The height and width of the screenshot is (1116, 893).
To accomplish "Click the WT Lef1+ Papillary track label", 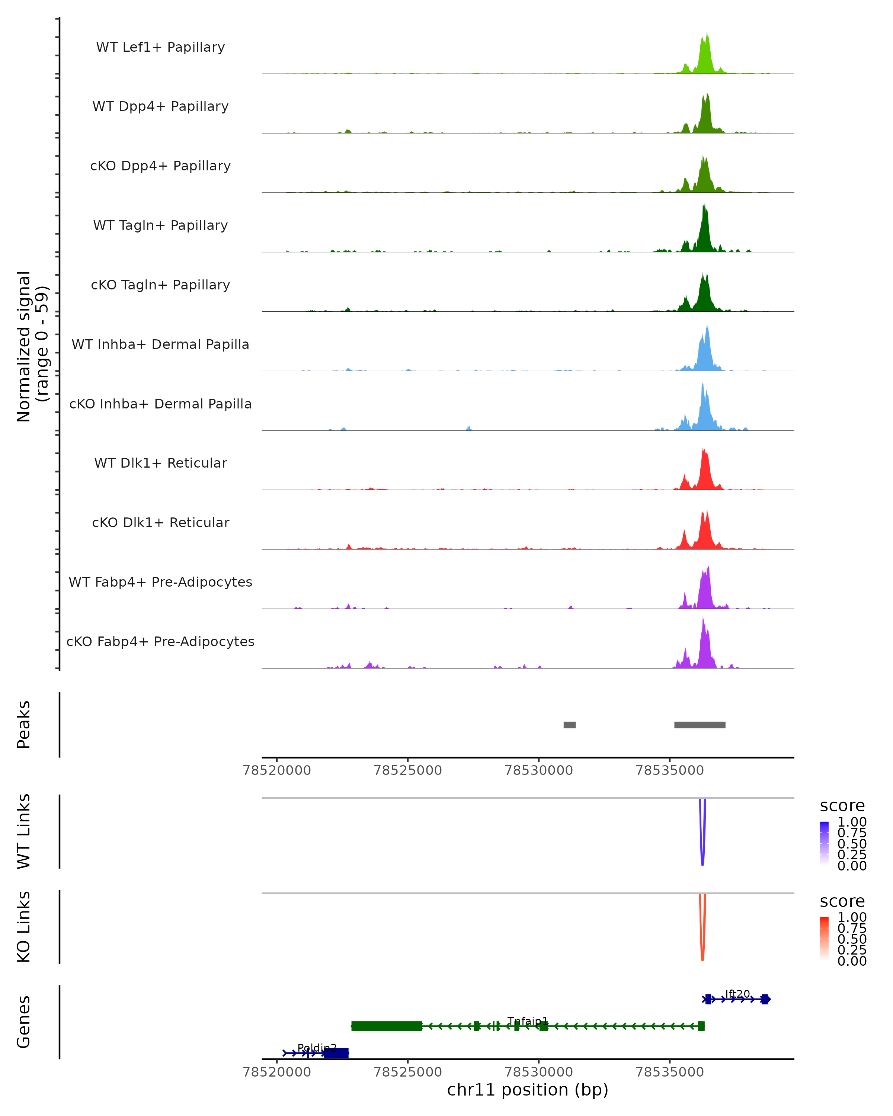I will point(160,47).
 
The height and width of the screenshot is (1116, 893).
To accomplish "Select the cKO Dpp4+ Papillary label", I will point(160,166).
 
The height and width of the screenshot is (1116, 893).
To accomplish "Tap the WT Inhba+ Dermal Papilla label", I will point(160,345).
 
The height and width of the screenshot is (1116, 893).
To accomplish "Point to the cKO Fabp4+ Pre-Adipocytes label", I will point(160,642).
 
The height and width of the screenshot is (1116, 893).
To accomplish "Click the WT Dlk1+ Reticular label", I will point(160,463).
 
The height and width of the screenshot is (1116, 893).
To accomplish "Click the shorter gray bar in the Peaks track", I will point(569,725).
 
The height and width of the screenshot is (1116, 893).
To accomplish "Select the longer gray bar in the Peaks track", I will point(700,725).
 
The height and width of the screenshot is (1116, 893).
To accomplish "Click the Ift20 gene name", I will point(737,994).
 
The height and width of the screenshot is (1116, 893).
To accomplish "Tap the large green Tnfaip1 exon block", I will point(387,1026).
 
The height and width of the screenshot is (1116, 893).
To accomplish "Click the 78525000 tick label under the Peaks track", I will point(408,770).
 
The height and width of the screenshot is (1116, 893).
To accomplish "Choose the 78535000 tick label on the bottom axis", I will point(669,1072).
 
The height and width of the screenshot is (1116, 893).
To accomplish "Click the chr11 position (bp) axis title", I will point(528,1090).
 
